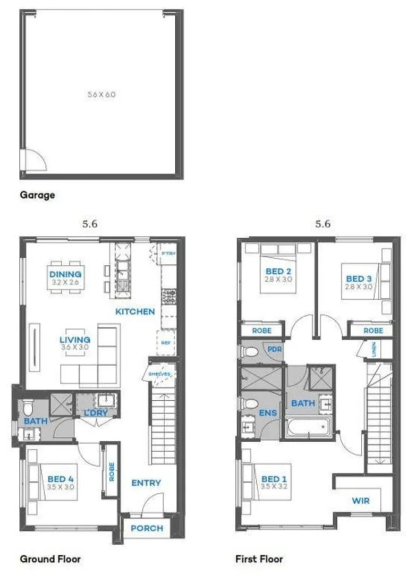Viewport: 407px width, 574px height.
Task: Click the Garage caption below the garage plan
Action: [37, 195]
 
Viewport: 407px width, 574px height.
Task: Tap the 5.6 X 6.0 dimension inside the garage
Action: [101, 95]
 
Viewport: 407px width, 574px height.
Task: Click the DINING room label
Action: [65, 274]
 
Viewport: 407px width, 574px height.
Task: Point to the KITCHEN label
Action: [135, 311]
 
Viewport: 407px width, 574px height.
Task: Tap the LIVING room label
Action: [74, 340]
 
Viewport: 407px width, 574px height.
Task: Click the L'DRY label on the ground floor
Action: [96, 412]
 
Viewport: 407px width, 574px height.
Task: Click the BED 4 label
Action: [60, 478]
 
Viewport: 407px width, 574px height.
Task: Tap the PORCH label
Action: [147, 528]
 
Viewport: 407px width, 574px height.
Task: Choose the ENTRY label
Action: [146, 483]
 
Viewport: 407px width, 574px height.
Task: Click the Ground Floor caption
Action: [50, 559]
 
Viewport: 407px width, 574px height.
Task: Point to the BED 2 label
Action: [278, 271]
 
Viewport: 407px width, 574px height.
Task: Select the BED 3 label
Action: [359, 278]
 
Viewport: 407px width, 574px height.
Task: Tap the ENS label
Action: [266, 412]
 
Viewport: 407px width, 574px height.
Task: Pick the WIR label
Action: [360, 501]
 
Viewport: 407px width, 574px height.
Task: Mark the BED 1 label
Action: [274, 479]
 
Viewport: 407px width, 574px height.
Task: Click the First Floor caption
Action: [259, 559]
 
